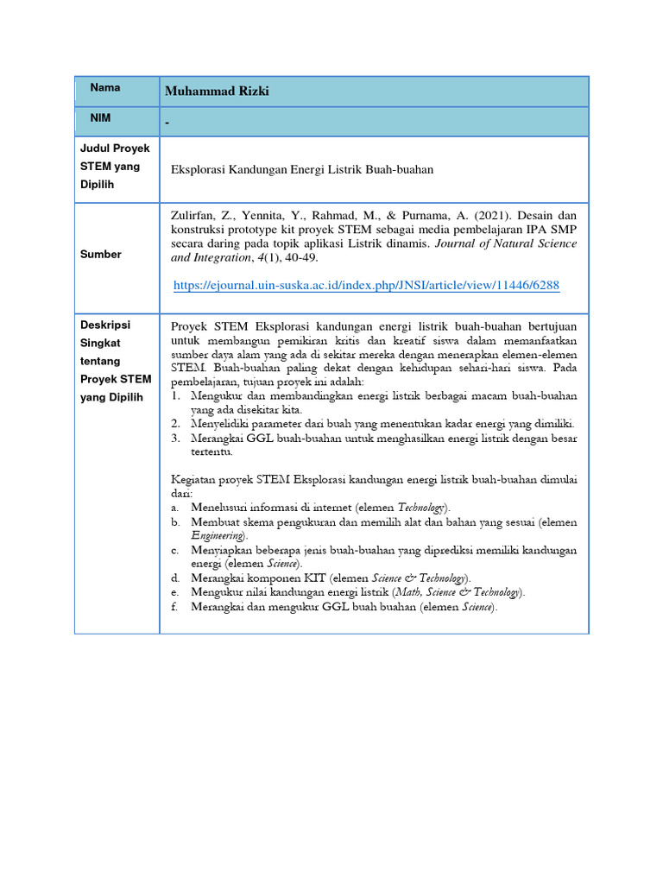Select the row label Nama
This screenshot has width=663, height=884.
coord(105,88)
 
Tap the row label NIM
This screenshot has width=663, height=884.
coord(101,117)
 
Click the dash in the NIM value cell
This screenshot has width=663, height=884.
coord(167,123)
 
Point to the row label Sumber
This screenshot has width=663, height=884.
coord(101,255)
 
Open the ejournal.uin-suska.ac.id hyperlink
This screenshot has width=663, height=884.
coord(366,285)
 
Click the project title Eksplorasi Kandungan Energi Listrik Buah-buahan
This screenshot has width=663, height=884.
coord(302,170)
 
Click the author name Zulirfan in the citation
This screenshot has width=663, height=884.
coord(192,215)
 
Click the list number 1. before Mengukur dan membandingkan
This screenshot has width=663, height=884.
coord(174,396)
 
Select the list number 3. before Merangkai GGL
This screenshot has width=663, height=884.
coord(174,439)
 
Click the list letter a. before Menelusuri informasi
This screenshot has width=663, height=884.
coord(174,508)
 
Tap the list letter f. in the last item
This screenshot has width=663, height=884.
coord(174,607)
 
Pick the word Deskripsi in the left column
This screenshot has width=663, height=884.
coord(104,325)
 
